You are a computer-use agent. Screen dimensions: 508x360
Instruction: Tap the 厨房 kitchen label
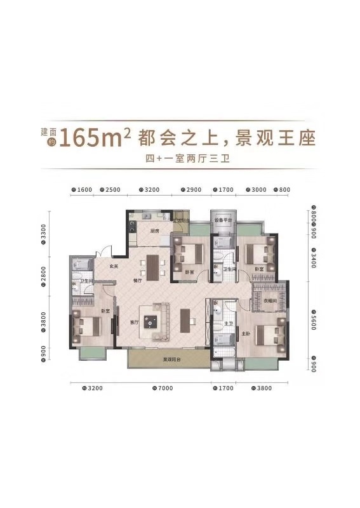point(154,231)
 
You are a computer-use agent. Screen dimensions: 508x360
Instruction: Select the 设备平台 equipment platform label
point(223,220)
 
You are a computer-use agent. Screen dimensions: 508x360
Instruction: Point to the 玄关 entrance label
point(114,266)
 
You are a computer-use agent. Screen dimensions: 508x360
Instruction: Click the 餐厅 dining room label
point(137,280)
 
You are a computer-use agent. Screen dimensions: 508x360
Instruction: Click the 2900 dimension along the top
point(195,190)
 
